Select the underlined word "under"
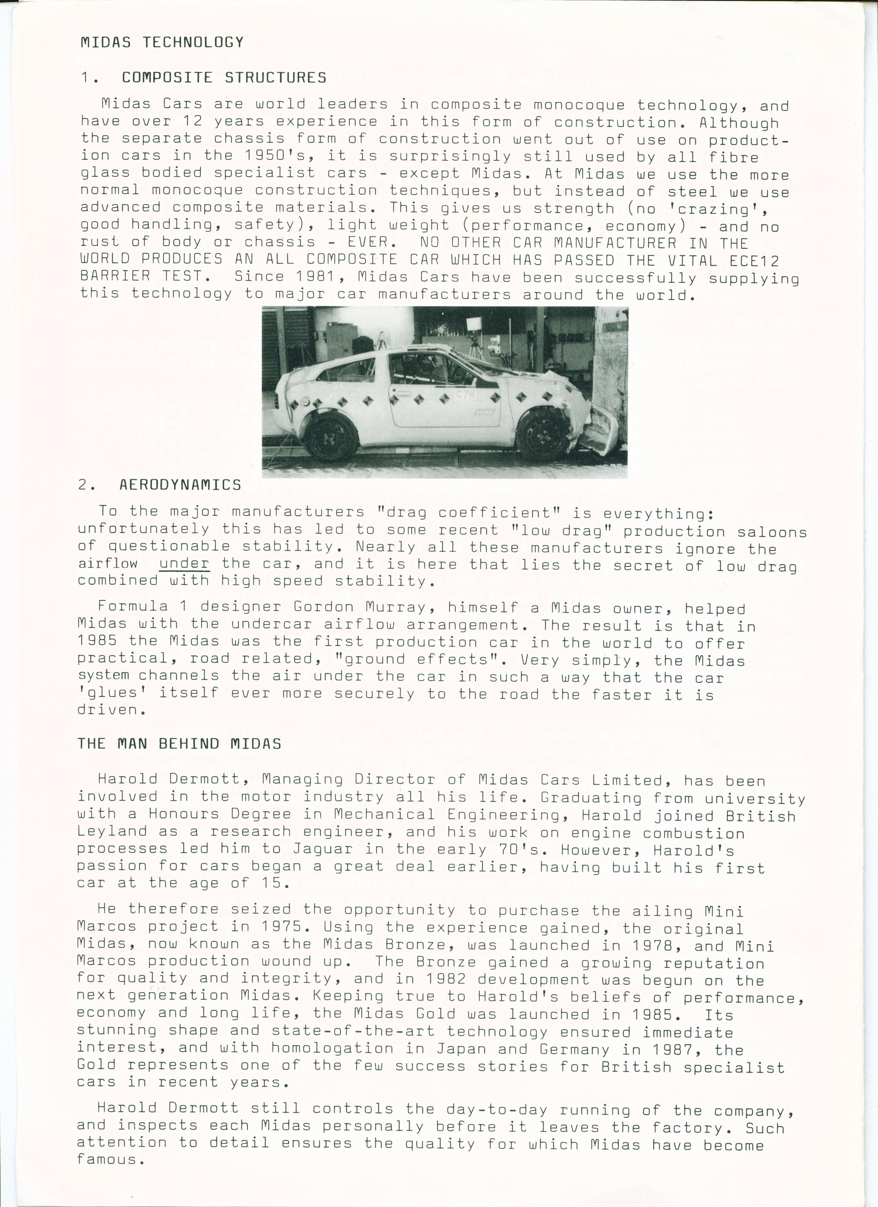[184, 563]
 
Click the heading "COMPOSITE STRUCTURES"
[224, 78]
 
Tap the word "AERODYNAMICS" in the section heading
[180, 485]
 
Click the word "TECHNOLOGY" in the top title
[193, 43]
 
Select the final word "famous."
[111, 1159]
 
